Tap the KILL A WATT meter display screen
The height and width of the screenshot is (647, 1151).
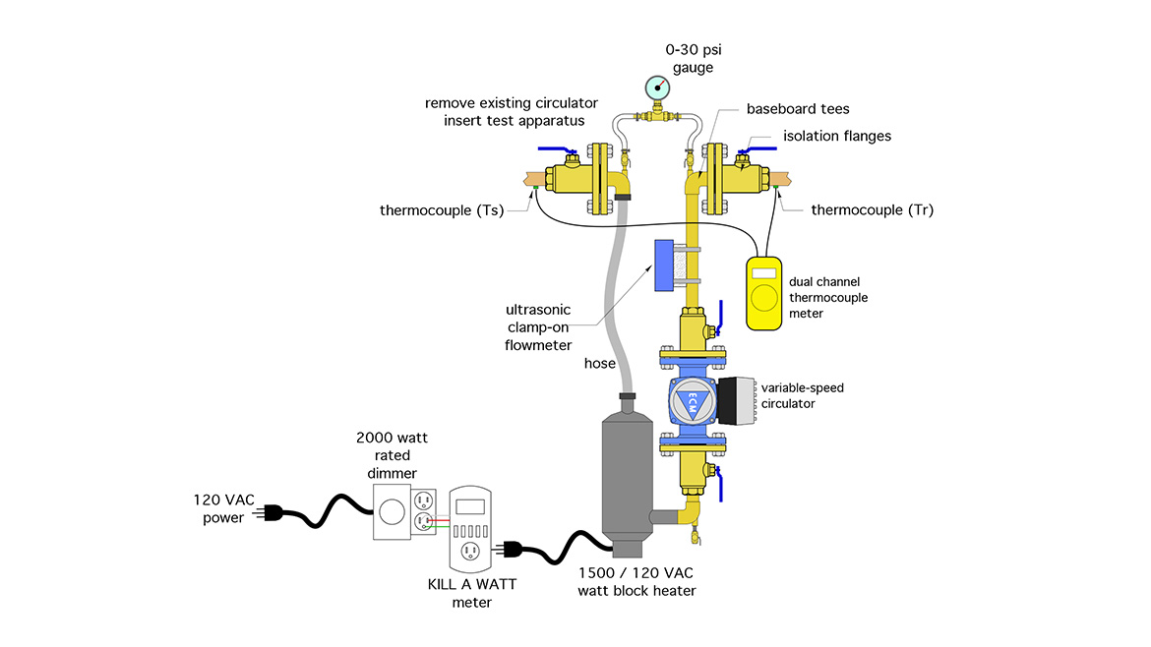point(470,505)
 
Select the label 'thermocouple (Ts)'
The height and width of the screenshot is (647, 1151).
point(442,209)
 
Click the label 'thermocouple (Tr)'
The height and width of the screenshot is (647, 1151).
point(872,209)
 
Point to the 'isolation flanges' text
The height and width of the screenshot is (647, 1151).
point(836,136)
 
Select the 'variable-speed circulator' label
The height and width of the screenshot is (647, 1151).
point(801,395)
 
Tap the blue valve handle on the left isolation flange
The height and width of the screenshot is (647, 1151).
point(557,150)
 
